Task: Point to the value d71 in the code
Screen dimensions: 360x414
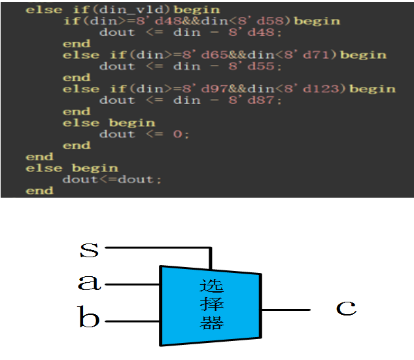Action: (x=315, y=55)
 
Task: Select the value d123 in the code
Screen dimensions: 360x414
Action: (x=318, y=89)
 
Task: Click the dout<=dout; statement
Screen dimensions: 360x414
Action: (x=112, y=179)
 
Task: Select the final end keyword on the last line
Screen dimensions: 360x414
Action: (x=39, y=190)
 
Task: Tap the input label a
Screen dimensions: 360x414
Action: (x=89, y=283)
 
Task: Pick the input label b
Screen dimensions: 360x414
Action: (x=89, y=319)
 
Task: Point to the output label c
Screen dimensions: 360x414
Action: (x=347, y=308)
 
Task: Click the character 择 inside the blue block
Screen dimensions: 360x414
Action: (x=211, y=305)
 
